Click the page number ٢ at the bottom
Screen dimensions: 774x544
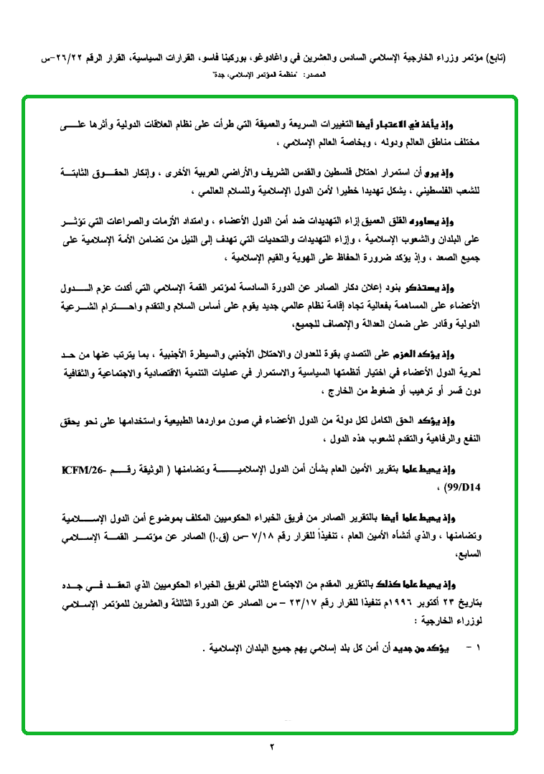(272, 747)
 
